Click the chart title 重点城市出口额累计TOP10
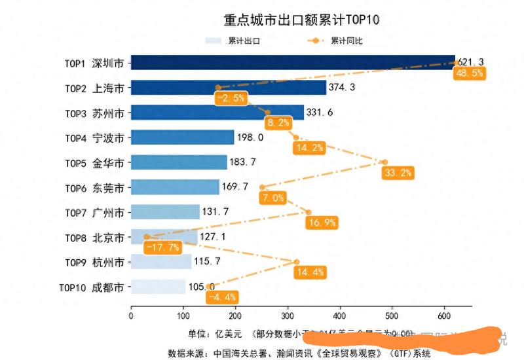pos(302,20)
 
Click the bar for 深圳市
pos(292,63)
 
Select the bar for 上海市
pos(228,88)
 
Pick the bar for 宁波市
pos(182,137)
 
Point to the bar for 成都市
pos(158,287)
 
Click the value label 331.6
pos(320,113)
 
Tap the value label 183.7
pos(244,162)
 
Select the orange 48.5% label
pos(469,73)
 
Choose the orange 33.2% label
pos(398,173)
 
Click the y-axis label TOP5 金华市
pos(94,162)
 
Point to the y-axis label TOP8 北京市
pos(94,238)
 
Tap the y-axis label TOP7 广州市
pos(94,213)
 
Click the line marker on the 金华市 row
pos(385,162)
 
